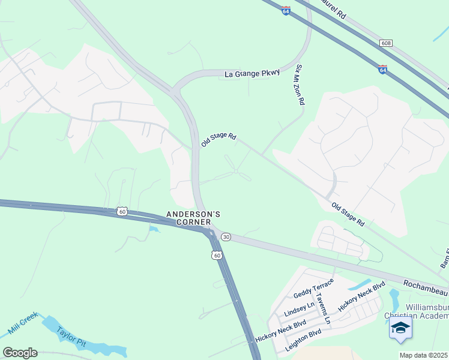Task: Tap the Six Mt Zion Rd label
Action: pyautogui.click(x=300, y=86)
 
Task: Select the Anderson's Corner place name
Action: pyautogui.click(x=194, y=218)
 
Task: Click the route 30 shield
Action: pyautogui.click(x=226, y=237)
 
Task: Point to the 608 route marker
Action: pyautogui.click(x=386, y=43)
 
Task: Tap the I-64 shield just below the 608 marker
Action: pyautogui.click(x=382, y=70)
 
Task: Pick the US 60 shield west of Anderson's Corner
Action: pyautogui.click(x=122, y=211)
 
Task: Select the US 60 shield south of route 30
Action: pyautogui.click(x=216, y=256)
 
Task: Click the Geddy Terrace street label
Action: pyautogui.click(x=313, y=288)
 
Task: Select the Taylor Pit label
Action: pyautogui.click(x=71, y=337)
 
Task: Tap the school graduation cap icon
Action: pyautogui.click(x=400, y=328)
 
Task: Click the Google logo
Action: pyautogui.click(x=20, y=353)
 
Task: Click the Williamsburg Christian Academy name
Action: pyautogui.click(x=426, y=311)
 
